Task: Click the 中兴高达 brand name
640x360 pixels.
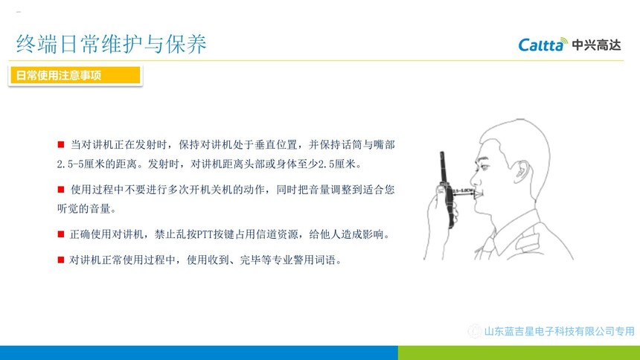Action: (596, 45)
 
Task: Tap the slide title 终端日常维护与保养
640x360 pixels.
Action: (112, 44)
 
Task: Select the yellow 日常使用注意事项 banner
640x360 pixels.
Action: (75, 76)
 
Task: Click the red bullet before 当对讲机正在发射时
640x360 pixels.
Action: (61, 144)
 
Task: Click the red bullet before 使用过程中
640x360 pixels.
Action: (61, 190)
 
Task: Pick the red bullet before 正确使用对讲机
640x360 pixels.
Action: (61, 234)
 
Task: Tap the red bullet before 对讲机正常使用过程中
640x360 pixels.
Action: (61, 260)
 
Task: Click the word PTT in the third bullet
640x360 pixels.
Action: (205, 235)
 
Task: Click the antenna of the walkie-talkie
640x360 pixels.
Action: (442, 168)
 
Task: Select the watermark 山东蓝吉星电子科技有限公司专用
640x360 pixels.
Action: (559, 331)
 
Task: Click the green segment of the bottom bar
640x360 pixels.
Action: (519, 353)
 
